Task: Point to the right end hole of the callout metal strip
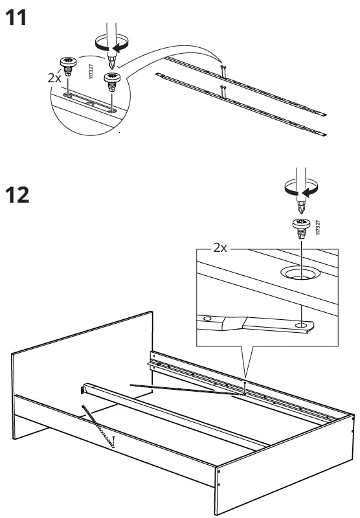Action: [x=302, y=325]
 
